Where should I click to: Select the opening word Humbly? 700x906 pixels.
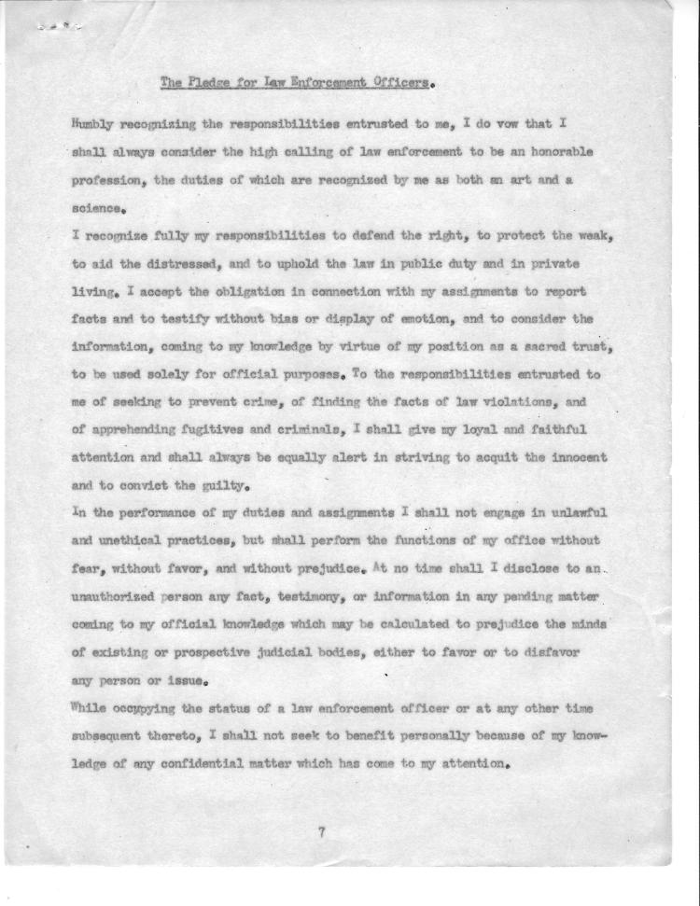[x=94, y=123]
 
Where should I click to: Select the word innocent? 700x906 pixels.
[x=573, y=458]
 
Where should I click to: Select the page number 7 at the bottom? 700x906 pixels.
[x=321, y=833]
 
